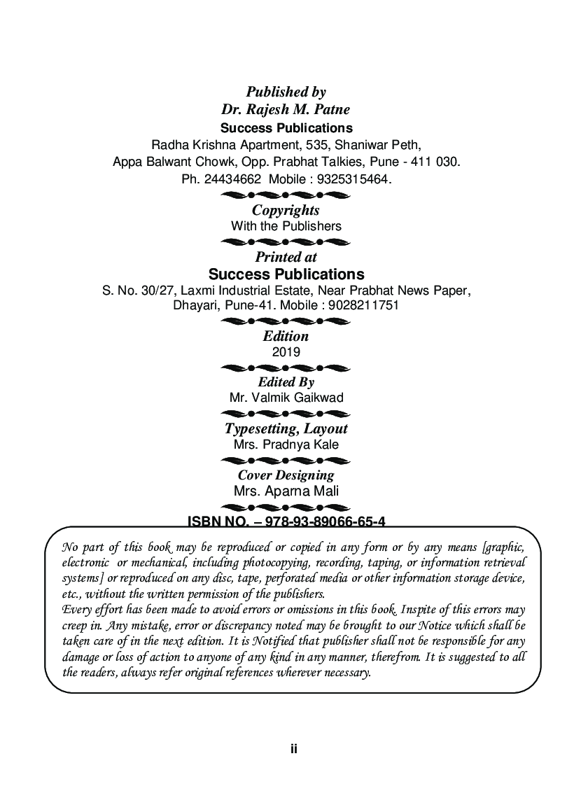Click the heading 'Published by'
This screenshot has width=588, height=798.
coord(286,92)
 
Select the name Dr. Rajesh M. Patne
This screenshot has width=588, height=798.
coord(286,109)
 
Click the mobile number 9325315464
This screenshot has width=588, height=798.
coord(353,179)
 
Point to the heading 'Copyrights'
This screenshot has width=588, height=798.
coord(286,210)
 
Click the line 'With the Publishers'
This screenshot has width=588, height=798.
coord(286,226)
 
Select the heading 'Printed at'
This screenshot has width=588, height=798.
coord(286,257)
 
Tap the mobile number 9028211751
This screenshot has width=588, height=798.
coord(363,305)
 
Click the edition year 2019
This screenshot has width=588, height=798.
coord(286,352)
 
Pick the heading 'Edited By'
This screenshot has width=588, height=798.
coord(286,382)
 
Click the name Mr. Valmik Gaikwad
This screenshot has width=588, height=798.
coord(286,398)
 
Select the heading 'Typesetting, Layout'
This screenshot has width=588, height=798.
coord(286,428)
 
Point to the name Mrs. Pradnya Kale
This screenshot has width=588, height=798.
coord(286,444)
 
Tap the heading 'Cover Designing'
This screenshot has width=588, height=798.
coord(286,475)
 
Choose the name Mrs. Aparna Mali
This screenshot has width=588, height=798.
coord(286,491)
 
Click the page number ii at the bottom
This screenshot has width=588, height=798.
coord(294,748)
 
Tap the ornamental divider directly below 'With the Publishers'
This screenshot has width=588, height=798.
coord(286,241)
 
